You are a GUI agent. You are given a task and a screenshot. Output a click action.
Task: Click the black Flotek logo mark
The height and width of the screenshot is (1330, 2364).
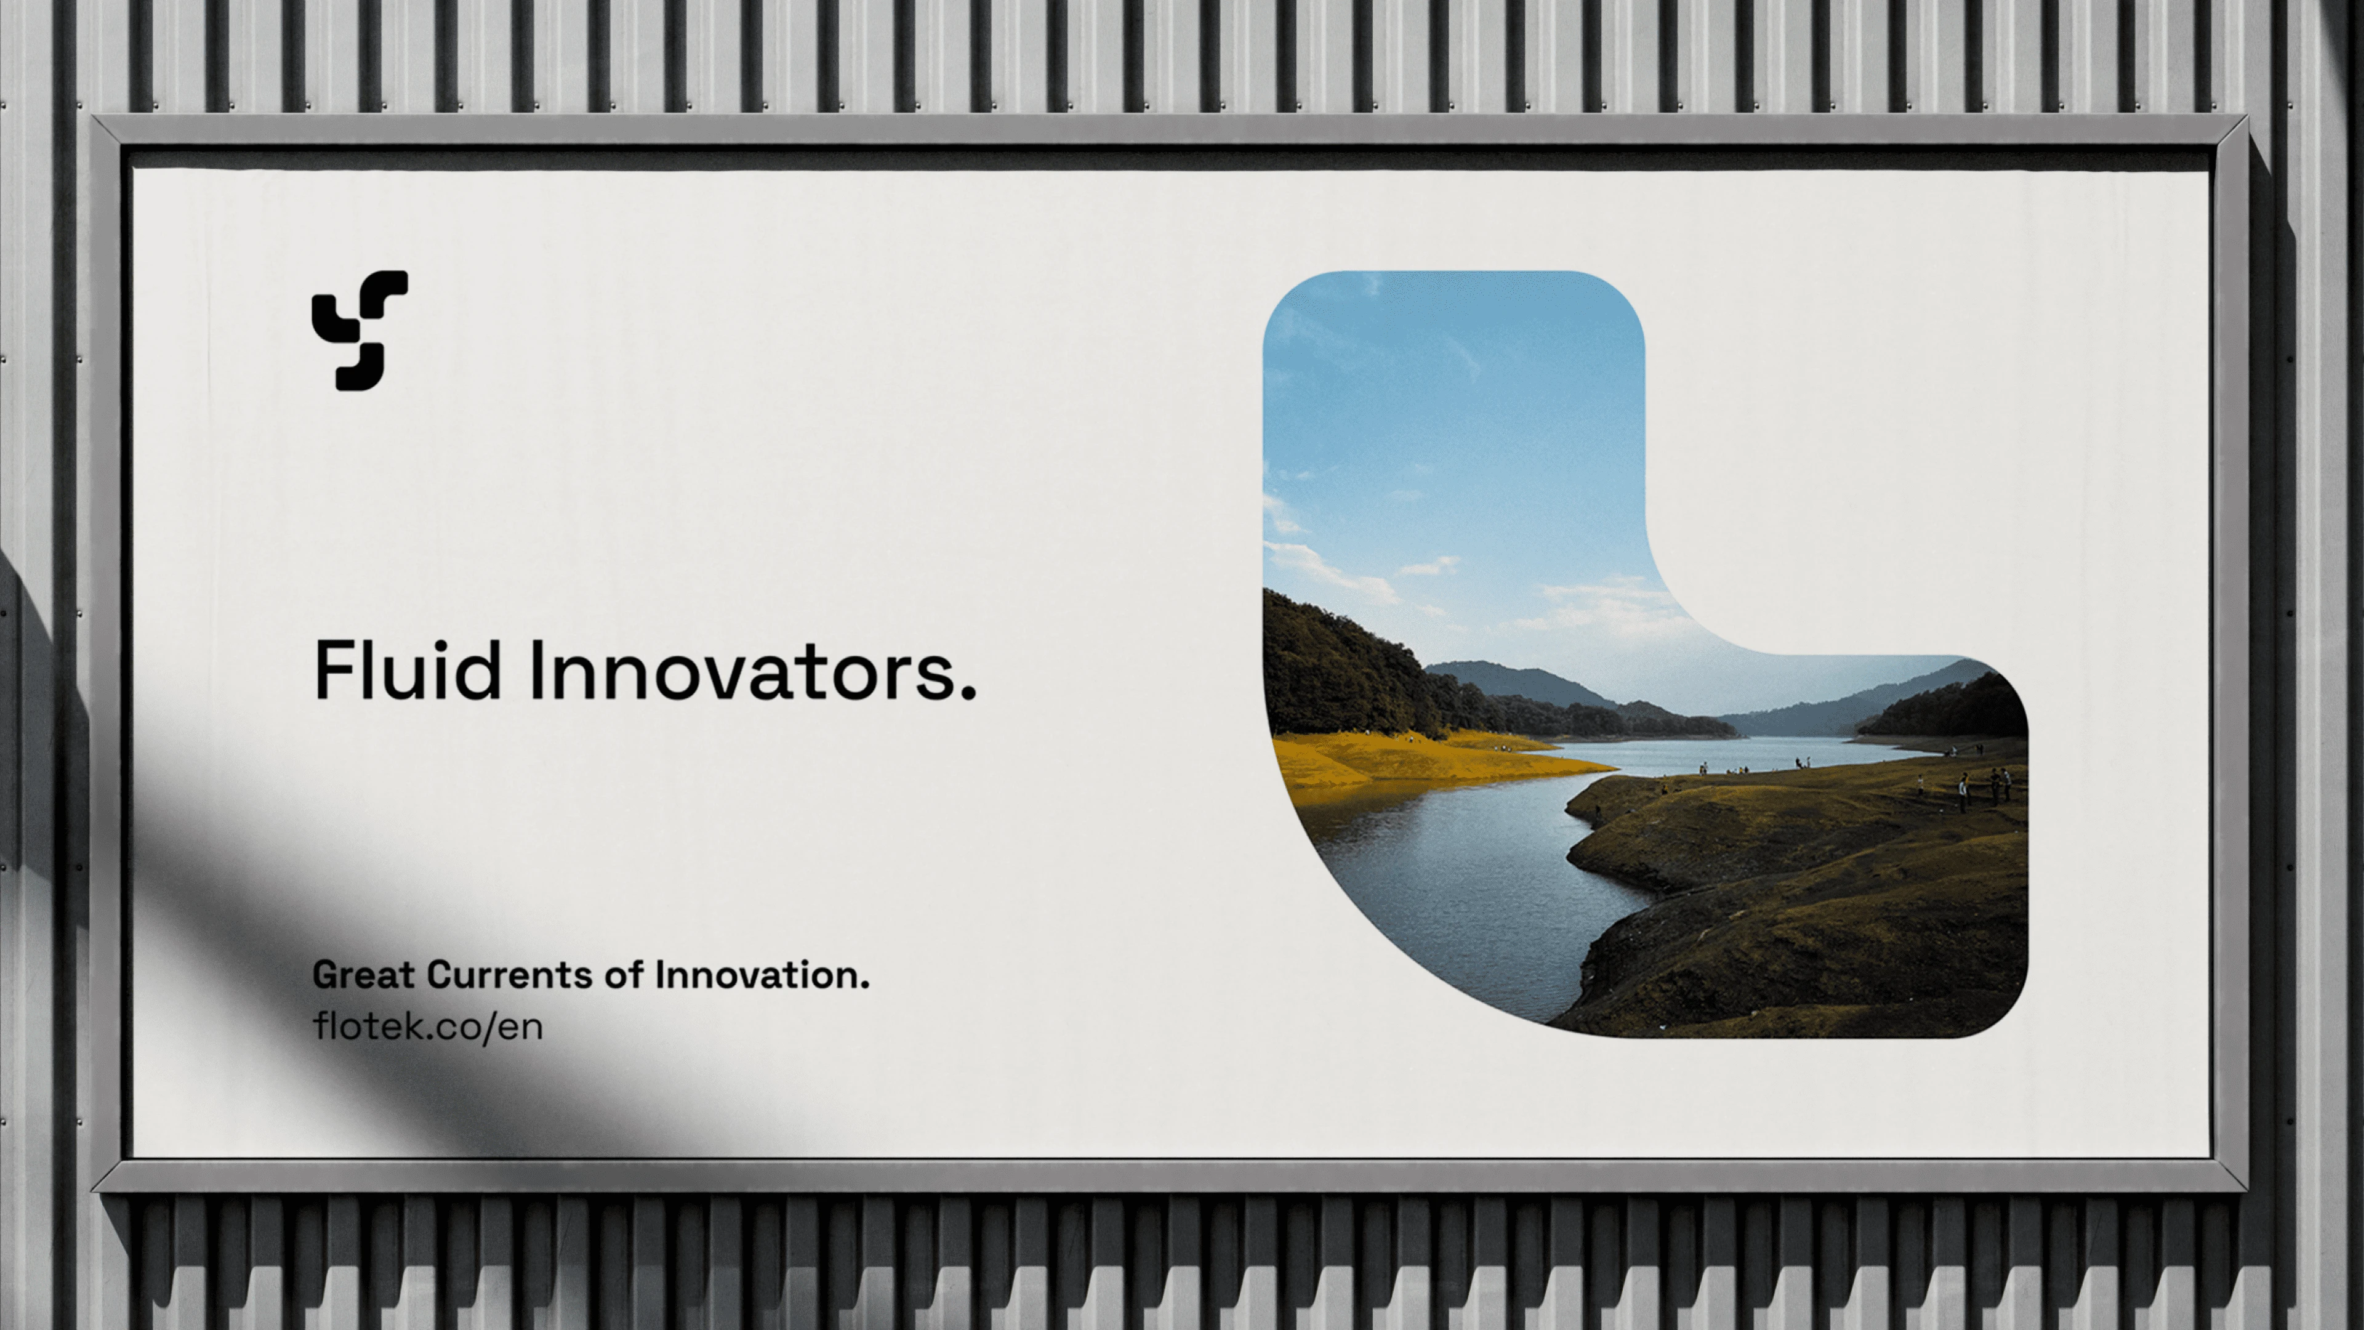click(360, 331)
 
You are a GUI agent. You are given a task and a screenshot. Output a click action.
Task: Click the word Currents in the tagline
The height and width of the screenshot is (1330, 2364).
click(509, 975)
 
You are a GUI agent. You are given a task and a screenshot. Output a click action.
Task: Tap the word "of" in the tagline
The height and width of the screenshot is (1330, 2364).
click(623, 975)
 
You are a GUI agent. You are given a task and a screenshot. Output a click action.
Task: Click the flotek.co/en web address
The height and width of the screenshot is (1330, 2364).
click(428, 1026)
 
